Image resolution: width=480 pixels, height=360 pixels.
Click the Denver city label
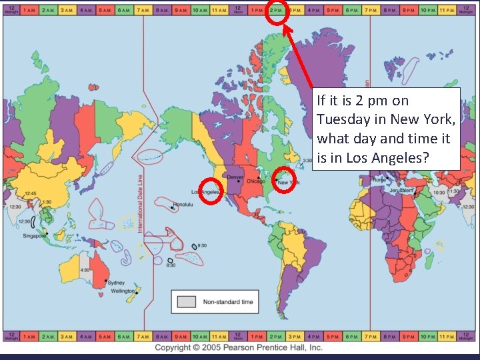point(236,177)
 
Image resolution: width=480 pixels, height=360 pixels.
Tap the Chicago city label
point(255,181)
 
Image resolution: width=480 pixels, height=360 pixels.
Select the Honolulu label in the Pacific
point(183,204)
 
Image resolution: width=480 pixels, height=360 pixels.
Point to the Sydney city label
point(116,283)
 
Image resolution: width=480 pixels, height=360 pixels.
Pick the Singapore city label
point(34,235)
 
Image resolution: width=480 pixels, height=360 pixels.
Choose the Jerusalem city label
point(395,189)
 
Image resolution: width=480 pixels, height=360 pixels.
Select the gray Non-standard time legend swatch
point(187,302)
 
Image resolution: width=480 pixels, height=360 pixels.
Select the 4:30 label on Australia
point(85,270)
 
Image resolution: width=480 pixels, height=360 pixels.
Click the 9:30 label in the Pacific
point(201,246)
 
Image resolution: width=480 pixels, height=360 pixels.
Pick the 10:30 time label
point(438,192)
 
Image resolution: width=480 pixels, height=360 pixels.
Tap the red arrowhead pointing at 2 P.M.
point(283,28)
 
